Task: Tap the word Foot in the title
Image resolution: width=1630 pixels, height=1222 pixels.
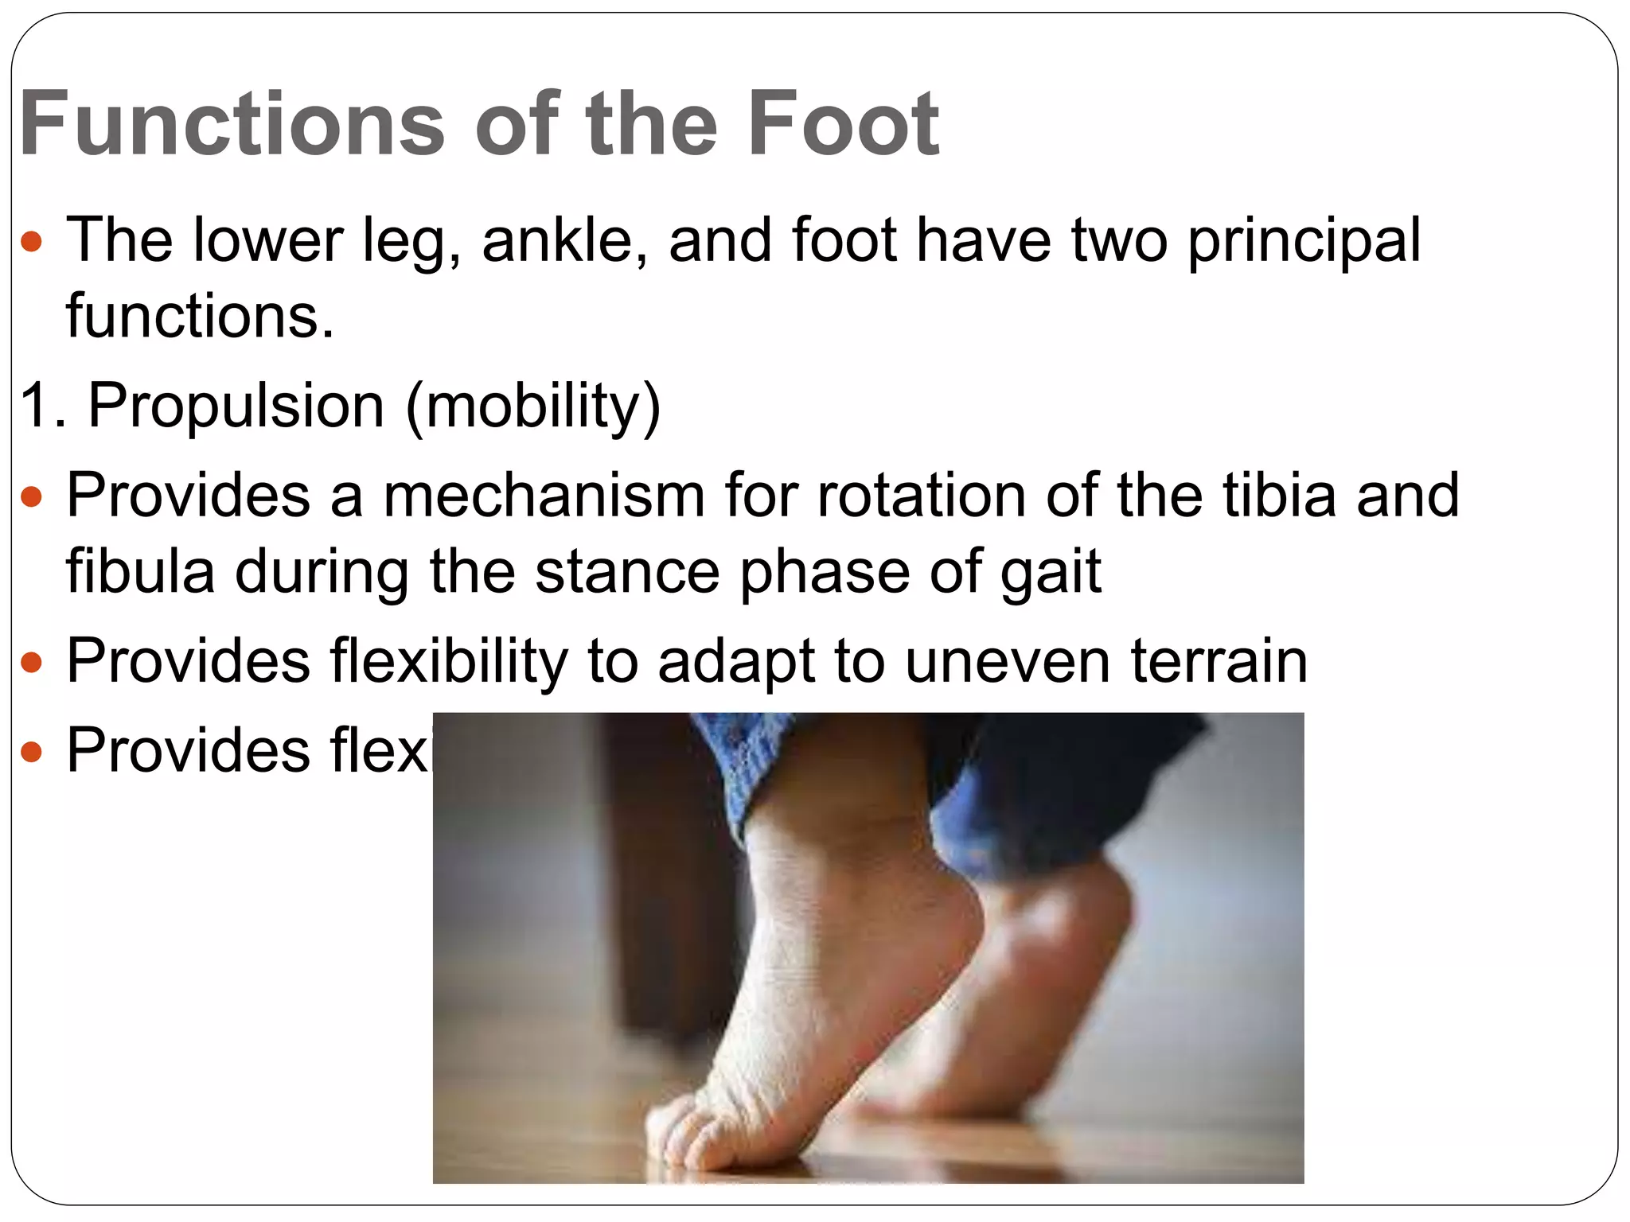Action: click(844, 124)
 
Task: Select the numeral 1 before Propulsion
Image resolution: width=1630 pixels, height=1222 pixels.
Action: click(35, 406)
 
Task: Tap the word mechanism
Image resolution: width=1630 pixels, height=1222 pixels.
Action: click(544, 495)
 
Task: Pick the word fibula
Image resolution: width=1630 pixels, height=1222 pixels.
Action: click(140, 571)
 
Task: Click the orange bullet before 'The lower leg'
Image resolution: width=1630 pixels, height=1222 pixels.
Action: click(31, 242)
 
